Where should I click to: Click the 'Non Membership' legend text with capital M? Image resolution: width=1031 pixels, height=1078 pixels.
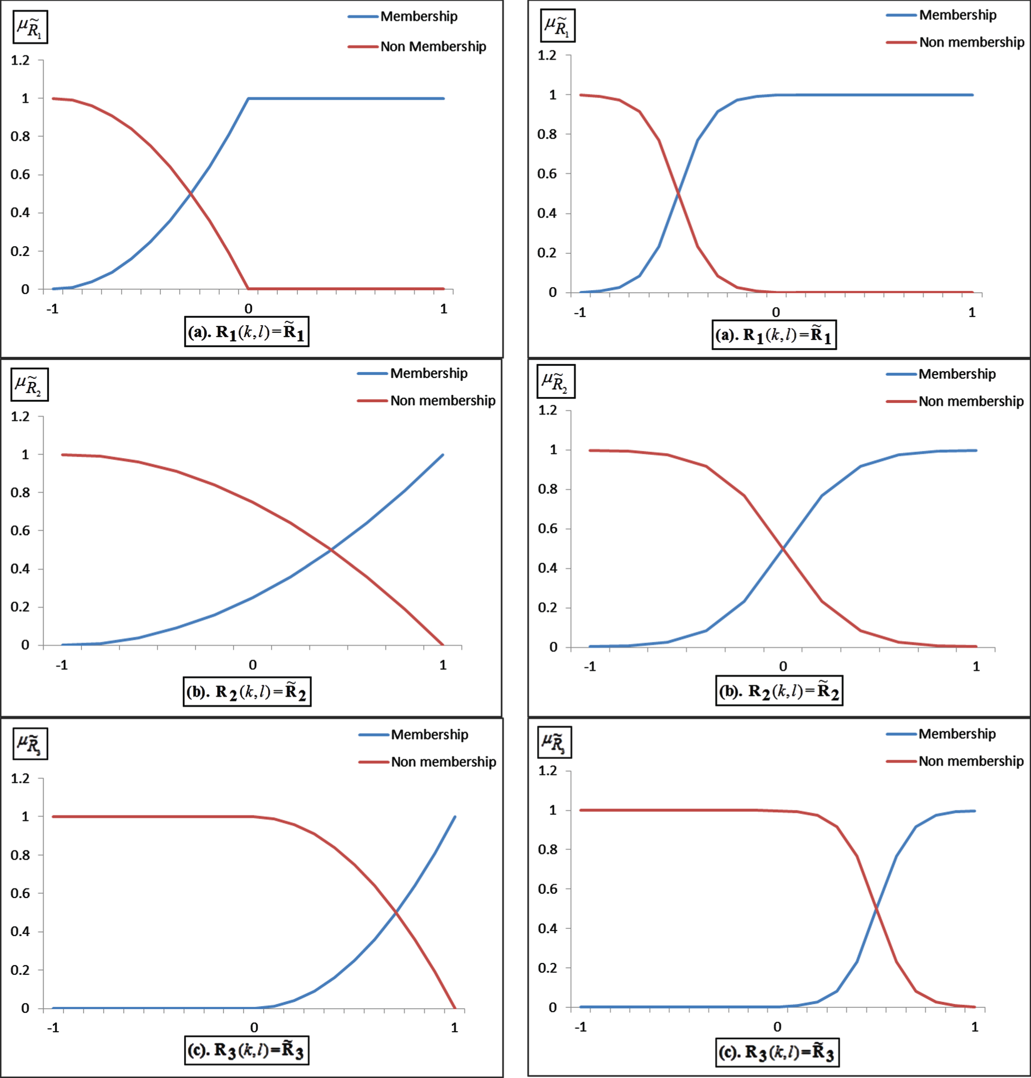433,47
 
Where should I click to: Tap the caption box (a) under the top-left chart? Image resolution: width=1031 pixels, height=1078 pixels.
247,332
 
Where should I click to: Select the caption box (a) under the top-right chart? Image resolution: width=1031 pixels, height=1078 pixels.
774,335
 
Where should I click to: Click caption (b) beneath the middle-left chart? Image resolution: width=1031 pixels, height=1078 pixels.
247,691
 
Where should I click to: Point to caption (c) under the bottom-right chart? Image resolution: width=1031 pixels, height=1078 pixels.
777,1052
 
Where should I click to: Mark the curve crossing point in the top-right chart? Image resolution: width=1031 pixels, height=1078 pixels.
678,194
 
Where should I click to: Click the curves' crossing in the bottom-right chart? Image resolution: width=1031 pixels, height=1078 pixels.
876,909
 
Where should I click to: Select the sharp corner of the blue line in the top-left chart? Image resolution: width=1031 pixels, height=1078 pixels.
248,98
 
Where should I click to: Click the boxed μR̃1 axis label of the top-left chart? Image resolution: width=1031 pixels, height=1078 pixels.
30,27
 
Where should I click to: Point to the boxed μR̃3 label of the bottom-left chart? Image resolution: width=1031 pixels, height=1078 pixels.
30,744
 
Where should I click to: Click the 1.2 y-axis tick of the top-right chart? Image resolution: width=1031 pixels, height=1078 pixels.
547,55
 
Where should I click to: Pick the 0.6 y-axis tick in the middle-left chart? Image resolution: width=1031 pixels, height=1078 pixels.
21,531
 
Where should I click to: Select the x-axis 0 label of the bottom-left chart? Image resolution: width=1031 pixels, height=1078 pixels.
254,1027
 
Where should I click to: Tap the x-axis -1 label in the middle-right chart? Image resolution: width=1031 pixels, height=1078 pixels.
590,667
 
